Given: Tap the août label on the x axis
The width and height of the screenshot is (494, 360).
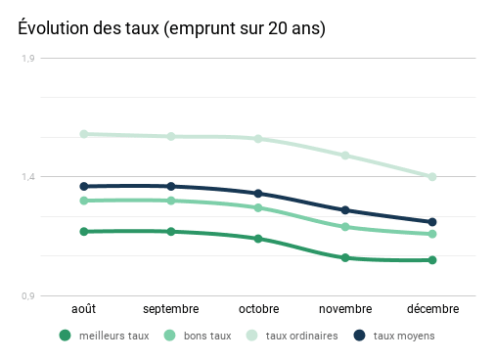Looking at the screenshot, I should [84, 308].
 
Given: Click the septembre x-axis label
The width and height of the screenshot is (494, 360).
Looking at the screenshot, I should [171, 308].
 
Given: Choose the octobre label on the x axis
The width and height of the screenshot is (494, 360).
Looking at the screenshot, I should [258, 308].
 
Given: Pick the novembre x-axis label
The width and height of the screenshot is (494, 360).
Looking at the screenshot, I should [345, 308].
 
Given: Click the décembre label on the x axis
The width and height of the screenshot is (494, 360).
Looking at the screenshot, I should [431, 308].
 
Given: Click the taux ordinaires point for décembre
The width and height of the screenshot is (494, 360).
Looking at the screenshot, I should [431, 177].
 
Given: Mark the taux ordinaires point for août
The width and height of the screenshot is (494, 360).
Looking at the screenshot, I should [84, 134].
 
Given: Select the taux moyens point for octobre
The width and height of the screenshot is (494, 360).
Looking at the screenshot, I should [258, 194].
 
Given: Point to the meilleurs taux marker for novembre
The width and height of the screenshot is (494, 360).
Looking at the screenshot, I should [345, 258].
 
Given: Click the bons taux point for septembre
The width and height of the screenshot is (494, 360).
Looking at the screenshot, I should [171, 201].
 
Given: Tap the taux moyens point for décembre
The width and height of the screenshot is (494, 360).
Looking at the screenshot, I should [431, 222].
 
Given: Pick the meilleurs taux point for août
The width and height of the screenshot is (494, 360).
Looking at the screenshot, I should [84, 232].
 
